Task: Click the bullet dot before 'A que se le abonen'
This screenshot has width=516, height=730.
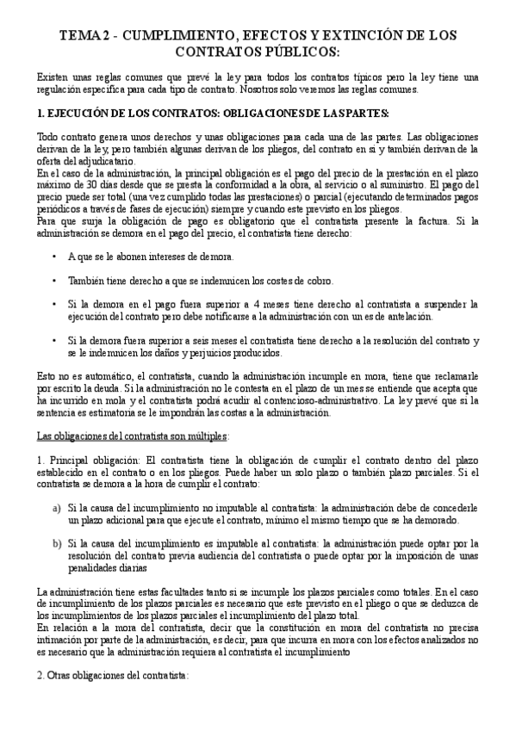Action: click(x=55, y=257)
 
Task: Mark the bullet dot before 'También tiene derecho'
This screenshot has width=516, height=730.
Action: click(x=55, y=281)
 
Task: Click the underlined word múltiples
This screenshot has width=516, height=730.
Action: click(x=207, y=436)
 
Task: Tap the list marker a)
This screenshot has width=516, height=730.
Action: click(x=57, y=509)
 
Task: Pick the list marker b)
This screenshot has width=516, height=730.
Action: click(x=57, y=544)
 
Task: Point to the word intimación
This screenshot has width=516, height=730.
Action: click(x=65, y=641)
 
